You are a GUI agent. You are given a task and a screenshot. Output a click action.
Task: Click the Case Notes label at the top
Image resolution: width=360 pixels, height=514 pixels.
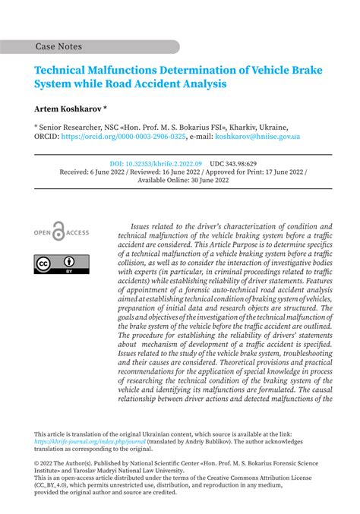point(58,47)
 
